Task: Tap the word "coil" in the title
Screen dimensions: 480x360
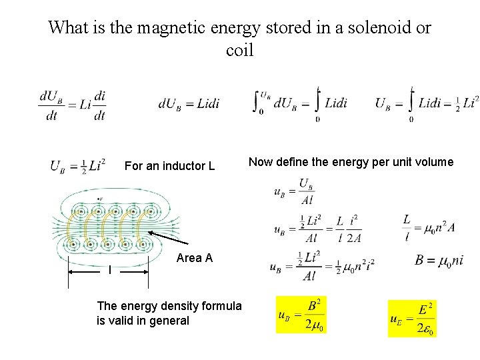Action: (x=240, y=50)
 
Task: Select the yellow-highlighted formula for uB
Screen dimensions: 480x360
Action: (x=301, y=315)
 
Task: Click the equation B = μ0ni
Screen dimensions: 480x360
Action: (x=439, y=261)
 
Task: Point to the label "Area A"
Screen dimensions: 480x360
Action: (x=195, y=258)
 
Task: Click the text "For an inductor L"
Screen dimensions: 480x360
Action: (x=169, y=165)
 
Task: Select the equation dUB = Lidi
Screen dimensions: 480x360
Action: (x=189, y=104)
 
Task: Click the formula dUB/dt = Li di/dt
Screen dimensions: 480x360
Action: (x=72, y=105)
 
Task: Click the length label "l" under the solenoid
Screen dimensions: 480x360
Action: (x=110, y=269)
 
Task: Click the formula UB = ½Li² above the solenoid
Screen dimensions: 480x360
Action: (x=77, y=165)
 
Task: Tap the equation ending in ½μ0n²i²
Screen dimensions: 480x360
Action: (x=322, y=265)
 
